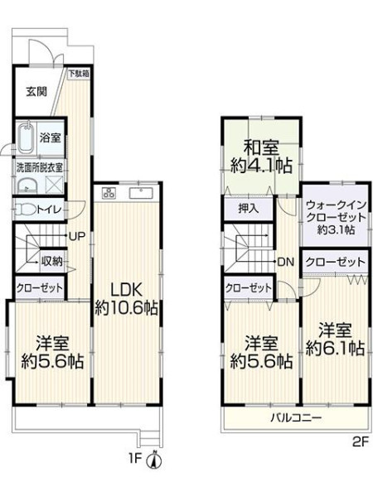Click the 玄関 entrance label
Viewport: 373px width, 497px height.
[x=36, y=92]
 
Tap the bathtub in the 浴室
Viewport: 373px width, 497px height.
[x=27, y=138]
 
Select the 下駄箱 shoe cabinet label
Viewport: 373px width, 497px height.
[x=79, y=74]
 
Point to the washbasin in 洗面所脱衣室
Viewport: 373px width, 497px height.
[x=27, y=185]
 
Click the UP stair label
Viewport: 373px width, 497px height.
[x=77, y=236]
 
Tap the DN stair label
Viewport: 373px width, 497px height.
[x=286, y=262]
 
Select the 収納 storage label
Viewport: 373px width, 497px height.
[x=52, y=261]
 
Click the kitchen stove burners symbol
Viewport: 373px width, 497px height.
[x=108, y=193]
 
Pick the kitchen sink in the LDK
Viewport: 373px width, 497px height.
[x=141, y=193]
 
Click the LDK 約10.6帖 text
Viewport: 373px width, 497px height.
[x=127, y=298]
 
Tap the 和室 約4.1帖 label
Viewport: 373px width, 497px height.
[x=261, y=157]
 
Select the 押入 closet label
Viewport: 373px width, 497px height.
[x=249, y=208]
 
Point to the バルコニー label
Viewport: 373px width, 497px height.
[x=296, y=417]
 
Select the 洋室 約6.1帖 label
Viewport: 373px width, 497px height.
[x=335, y=339]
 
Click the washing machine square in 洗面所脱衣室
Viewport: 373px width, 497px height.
[x=54, y=184]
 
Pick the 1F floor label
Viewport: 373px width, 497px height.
[x=135, y=459]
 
